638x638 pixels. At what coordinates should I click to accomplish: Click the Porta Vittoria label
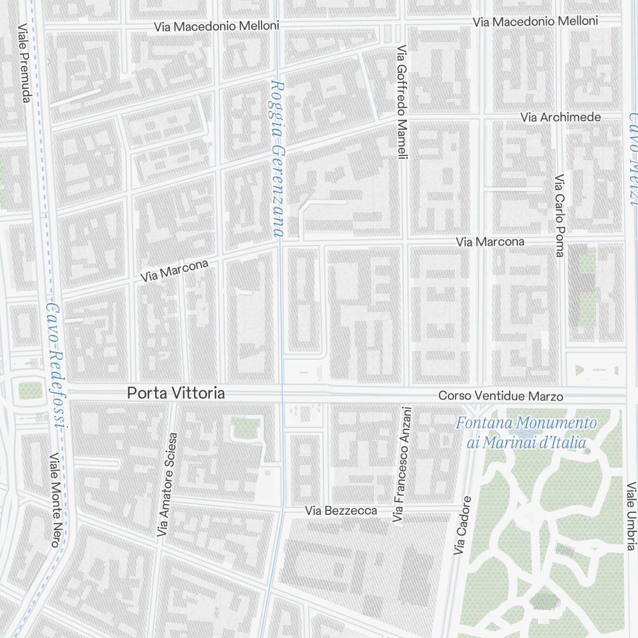tap(175, 394)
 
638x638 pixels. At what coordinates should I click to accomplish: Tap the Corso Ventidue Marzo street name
tap(500, 396)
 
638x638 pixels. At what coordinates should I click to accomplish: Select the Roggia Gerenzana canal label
tap(277, 158)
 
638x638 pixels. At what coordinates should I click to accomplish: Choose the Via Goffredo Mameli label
tap(401, 102)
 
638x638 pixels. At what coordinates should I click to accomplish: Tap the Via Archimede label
tap(560, 117)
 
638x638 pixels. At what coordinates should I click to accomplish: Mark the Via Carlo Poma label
tap(560, 216)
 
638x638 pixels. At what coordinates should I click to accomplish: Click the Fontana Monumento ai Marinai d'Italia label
tap(526, 433)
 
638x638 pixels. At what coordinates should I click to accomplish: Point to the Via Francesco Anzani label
tap(399, 466)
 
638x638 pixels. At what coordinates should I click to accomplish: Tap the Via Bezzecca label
tap(341, 510)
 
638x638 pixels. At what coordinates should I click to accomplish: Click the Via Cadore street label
tap(463, 525)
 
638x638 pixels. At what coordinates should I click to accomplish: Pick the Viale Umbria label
tap(631, 515)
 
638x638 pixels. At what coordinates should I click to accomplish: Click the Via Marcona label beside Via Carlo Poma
tap(490, 242)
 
